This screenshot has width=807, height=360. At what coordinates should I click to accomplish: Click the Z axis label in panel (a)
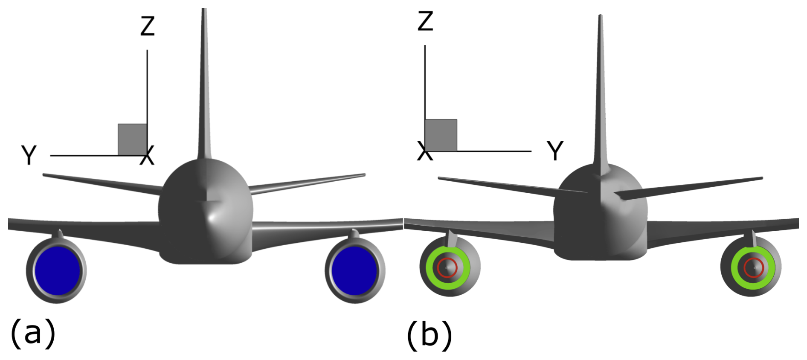pos(148,26)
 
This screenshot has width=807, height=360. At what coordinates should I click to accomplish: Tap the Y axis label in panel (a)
pos(29,155)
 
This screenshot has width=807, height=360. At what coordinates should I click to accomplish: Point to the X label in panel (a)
pos(148,156)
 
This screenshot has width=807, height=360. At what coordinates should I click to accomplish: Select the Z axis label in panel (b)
pos(425,21)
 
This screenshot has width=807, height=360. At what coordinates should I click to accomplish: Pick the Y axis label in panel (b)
pos(555,151)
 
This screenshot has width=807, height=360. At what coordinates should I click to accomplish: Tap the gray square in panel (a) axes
pos(132,139)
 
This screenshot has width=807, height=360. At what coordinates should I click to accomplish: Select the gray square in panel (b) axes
pos(441,135)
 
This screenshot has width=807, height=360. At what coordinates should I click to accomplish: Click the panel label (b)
pos(430,336)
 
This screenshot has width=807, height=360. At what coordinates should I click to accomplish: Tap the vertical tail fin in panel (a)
pos(204,85)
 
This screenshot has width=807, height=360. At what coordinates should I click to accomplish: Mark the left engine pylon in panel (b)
pos(451,239)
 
